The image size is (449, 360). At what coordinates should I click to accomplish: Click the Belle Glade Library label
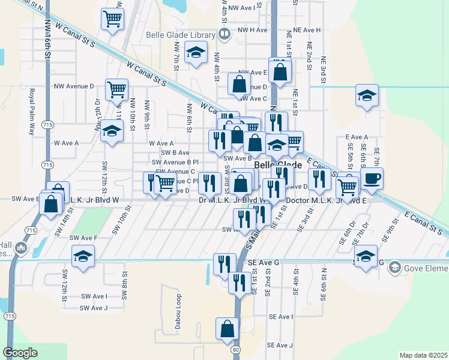point(181,34)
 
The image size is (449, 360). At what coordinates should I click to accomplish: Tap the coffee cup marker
point(372,178)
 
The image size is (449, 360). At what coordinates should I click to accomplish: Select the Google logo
point(20,353)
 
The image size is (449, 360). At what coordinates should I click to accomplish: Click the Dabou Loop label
point(178,305)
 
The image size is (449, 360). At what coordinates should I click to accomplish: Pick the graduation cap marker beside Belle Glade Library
point(196,53)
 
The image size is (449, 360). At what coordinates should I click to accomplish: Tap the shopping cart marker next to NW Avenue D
point(116,90)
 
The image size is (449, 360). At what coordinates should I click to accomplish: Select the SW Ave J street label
point(93,308)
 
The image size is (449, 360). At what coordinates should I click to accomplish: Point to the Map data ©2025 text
point(423,355)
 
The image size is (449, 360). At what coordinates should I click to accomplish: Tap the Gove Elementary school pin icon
point(394,266)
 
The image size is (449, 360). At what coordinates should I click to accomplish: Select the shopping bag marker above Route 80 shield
point(228,329)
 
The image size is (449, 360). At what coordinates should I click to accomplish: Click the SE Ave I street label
point(281,316)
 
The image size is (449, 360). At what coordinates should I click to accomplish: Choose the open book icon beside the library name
point(224,34)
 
